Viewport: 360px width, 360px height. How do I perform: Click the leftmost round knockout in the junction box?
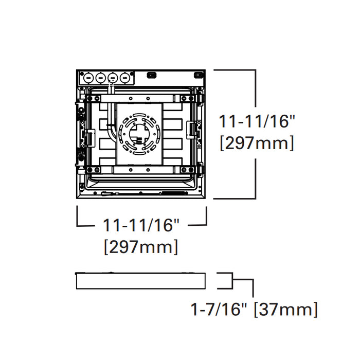pos(87,78)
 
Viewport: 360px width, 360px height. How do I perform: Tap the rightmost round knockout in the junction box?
pos(124,78)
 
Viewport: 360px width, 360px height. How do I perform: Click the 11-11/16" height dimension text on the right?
pos(257,122)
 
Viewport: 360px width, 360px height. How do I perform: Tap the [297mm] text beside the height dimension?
pos(257,143)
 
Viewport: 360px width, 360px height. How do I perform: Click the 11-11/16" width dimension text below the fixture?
pos(141,225)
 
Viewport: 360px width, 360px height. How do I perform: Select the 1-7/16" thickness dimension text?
pos(220,309)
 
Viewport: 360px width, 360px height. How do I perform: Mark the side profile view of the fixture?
pos(140,281)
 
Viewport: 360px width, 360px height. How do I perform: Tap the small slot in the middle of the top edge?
pos(151,75)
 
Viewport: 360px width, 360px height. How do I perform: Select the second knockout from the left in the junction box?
pos(99,78)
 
